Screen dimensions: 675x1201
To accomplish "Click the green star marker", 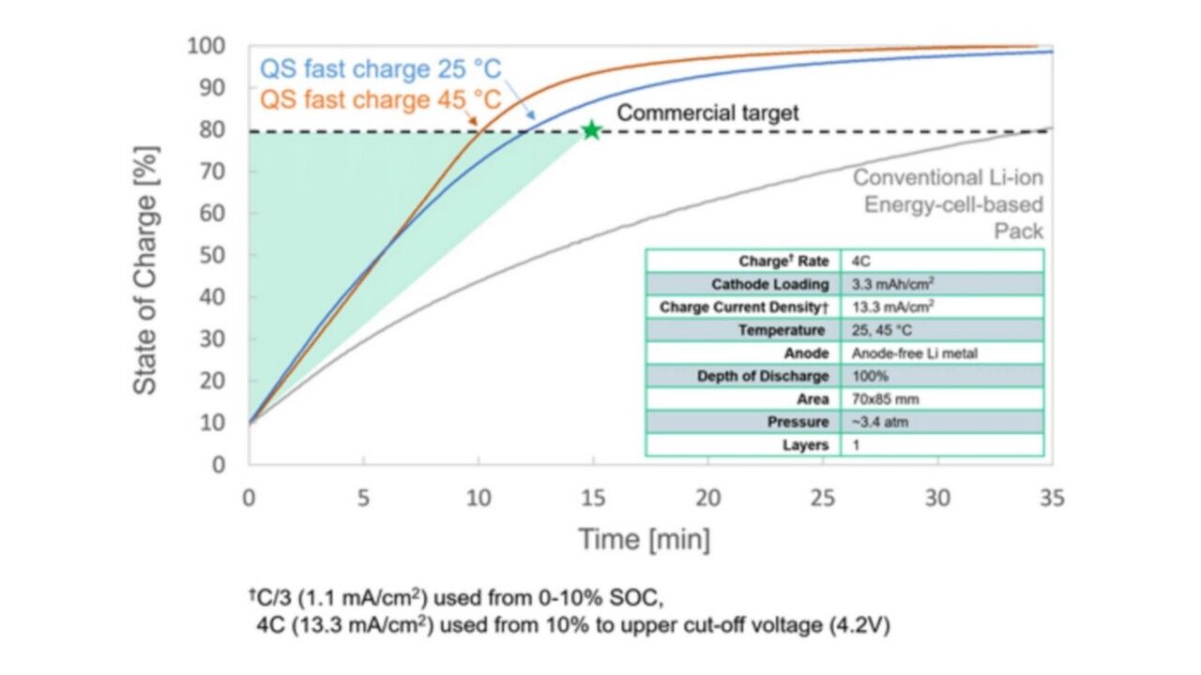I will (x=591, y=130).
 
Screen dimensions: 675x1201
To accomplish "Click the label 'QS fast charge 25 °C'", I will (x=380, y=69).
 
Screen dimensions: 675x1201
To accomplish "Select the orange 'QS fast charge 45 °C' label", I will (x=380, y=99).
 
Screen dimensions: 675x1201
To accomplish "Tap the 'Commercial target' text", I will (x=707, y=113).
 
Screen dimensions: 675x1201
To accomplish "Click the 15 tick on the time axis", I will (x=593, y=499).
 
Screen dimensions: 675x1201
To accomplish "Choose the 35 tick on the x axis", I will (x=1052, y=499).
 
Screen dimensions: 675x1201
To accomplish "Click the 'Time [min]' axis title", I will (x=644, y=540).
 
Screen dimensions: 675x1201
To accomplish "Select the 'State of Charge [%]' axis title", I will (x=145, y=269).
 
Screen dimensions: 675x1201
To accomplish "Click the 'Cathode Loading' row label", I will (x=769, y=284).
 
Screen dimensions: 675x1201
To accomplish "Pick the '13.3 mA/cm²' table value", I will (x=893, y=307).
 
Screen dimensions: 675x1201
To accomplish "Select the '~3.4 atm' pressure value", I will (x=880, y=422).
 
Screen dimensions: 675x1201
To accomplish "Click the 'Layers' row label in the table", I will (x=805, y=445).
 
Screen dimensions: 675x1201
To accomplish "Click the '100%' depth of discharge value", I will (x=870, y=376).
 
